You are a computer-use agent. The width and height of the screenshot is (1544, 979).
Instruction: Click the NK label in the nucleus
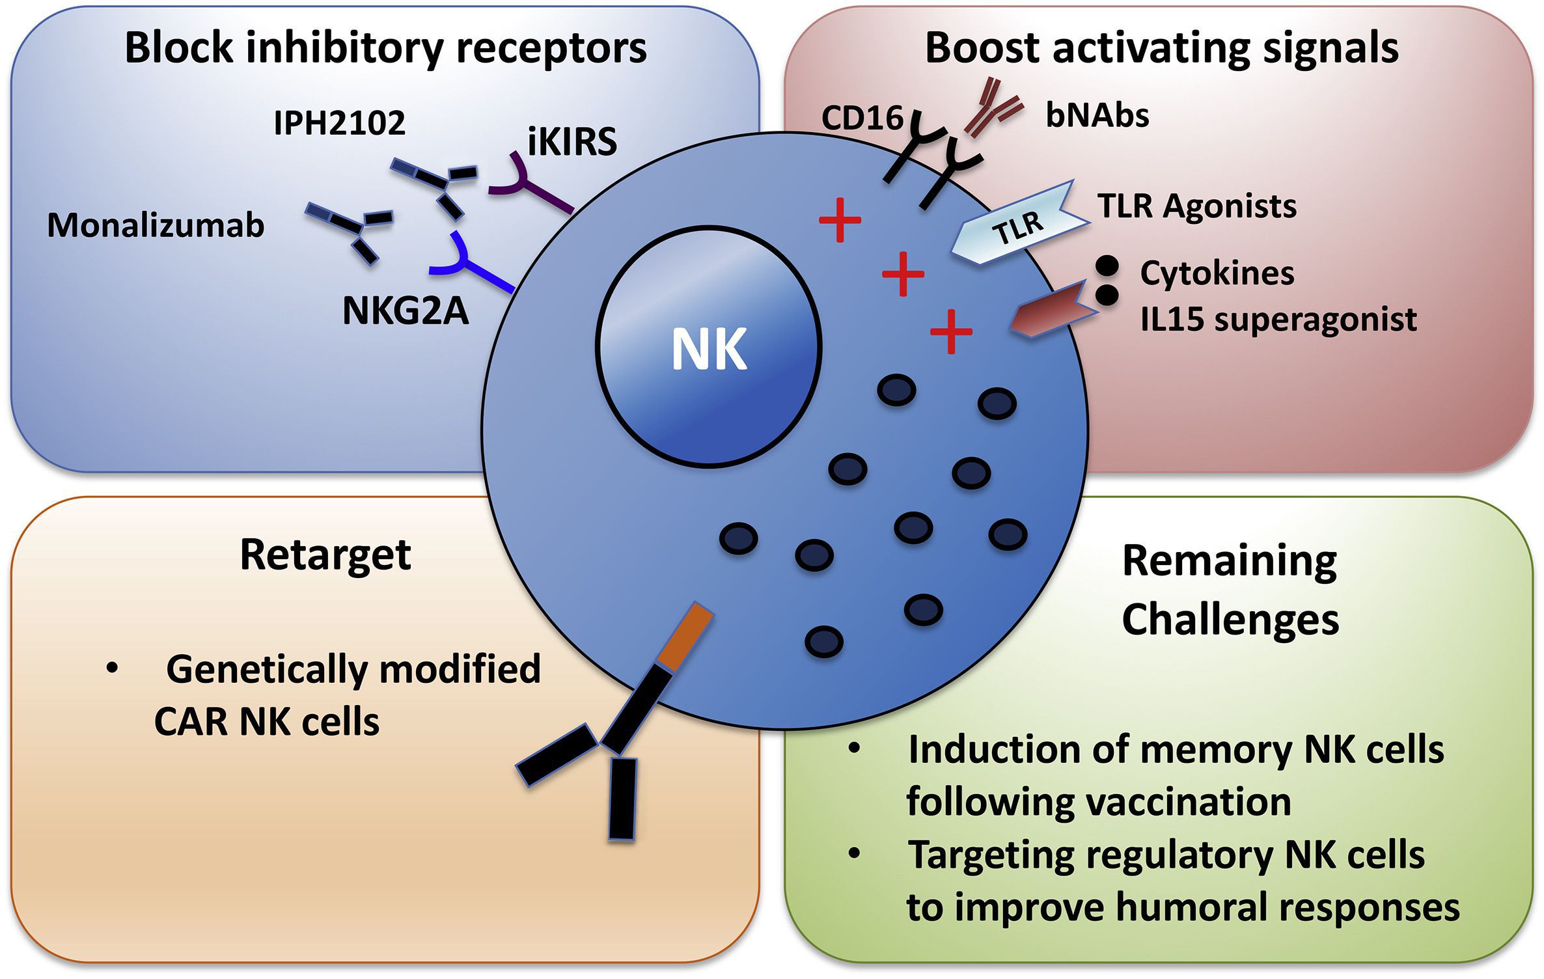pos(709,350)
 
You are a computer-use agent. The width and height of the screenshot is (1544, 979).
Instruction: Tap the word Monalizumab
pos(156,226)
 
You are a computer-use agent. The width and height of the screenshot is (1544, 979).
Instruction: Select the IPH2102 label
pos(339,122)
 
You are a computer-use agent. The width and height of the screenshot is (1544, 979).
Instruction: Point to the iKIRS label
pos(572,142)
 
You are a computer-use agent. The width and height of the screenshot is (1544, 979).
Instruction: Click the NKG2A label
pos(406,310)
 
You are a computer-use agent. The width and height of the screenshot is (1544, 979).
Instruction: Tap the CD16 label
pos(862,118)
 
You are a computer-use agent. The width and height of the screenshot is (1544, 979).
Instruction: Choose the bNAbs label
pos(1097,115)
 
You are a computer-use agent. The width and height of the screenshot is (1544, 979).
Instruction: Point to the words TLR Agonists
pos(1197,206)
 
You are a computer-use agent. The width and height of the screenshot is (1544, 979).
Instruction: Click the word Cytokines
pos(1217,273)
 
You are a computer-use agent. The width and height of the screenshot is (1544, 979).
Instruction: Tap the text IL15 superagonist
pos(1278,319)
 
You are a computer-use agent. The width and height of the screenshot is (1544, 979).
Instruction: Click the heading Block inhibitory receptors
pos(385,48)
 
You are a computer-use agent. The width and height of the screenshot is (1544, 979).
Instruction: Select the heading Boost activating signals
pos(1161,48)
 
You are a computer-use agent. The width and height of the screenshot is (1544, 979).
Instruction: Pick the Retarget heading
pos(325,555)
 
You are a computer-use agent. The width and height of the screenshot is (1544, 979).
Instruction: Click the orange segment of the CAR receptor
pos(685,635)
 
